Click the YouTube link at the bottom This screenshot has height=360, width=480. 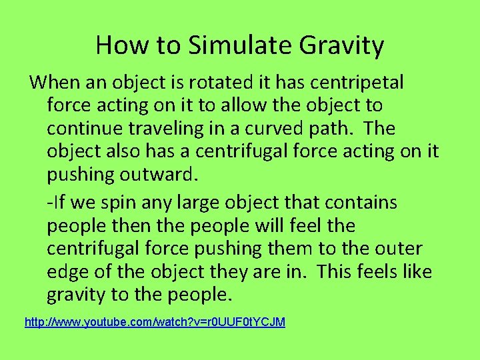(155, 322)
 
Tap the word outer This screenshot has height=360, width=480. (399, 249)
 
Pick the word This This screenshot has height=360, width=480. (337, 272)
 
